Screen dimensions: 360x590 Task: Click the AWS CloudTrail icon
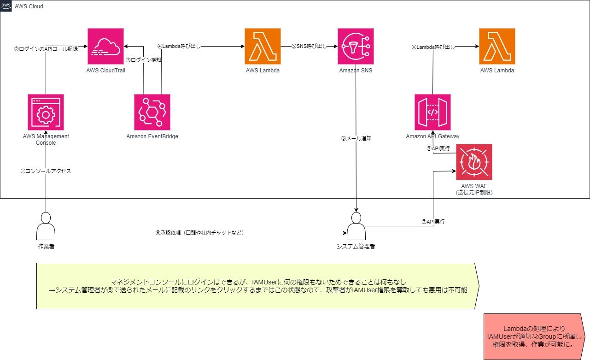105,46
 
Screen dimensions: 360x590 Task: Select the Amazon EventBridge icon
152,112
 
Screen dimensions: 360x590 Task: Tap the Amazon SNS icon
355,46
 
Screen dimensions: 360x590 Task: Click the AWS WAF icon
474,162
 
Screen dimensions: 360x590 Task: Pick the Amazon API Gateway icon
432,112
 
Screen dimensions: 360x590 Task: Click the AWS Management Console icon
46,112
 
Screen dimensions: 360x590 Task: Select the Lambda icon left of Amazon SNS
263,46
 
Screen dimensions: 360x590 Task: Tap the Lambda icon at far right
497,46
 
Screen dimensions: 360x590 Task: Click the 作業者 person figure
46,226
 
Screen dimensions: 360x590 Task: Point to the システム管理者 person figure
356,226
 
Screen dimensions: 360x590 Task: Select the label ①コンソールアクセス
46,171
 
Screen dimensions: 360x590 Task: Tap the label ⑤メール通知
356,138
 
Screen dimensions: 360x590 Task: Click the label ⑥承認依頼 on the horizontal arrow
200,233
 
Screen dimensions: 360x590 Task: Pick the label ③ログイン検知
143,60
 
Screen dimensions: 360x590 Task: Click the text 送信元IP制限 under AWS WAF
474,192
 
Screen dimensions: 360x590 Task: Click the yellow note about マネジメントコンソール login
256,286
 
